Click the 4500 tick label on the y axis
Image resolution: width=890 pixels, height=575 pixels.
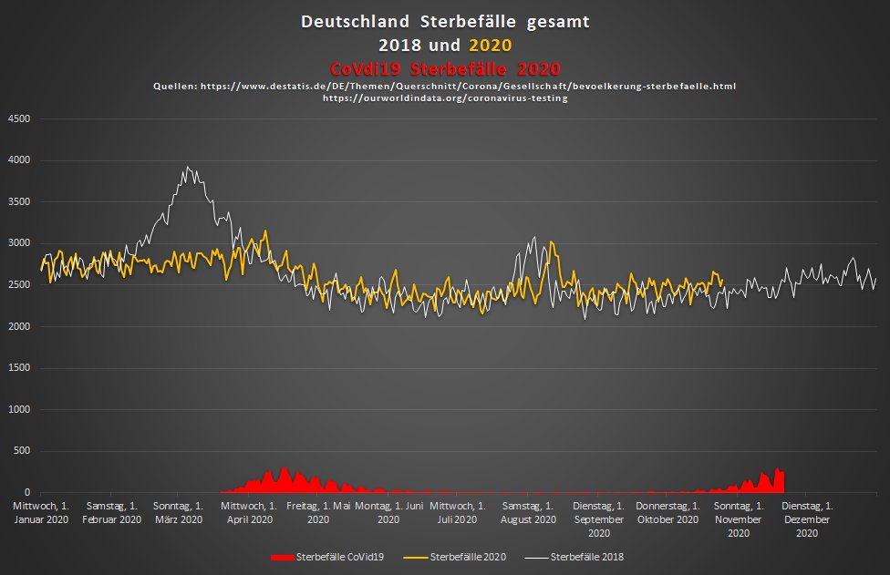click(x=20, y=118)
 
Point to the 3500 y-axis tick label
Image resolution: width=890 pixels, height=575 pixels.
click(x=20, y=201)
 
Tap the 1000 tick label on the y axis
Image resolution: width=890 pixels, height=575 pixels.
click(x=20, y=410)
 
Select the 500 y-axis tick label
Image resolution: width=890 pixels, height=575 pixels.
click(x=23, y=451)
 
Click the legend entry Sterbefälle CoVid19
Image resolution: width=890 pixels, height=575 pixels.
click(x=334, y=556)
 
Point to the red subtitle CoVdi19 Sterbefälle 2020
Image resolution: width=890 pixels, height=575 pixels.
click(x=444, y=68)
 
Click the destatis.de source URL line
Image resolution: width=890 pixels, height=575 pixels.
click(x=444, y=86)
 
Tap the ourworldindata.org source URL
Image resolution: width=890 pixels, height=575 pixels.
click(x=445, y=98)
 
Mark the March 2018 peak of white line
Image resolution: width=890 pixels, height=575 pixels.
click(x=187, y=167)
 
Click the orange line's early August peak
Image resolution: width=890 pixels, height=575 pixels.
click(x=553, y=242)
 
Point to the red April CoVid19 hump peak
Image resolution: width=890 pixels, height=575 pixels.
click(x=285, y=467)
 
